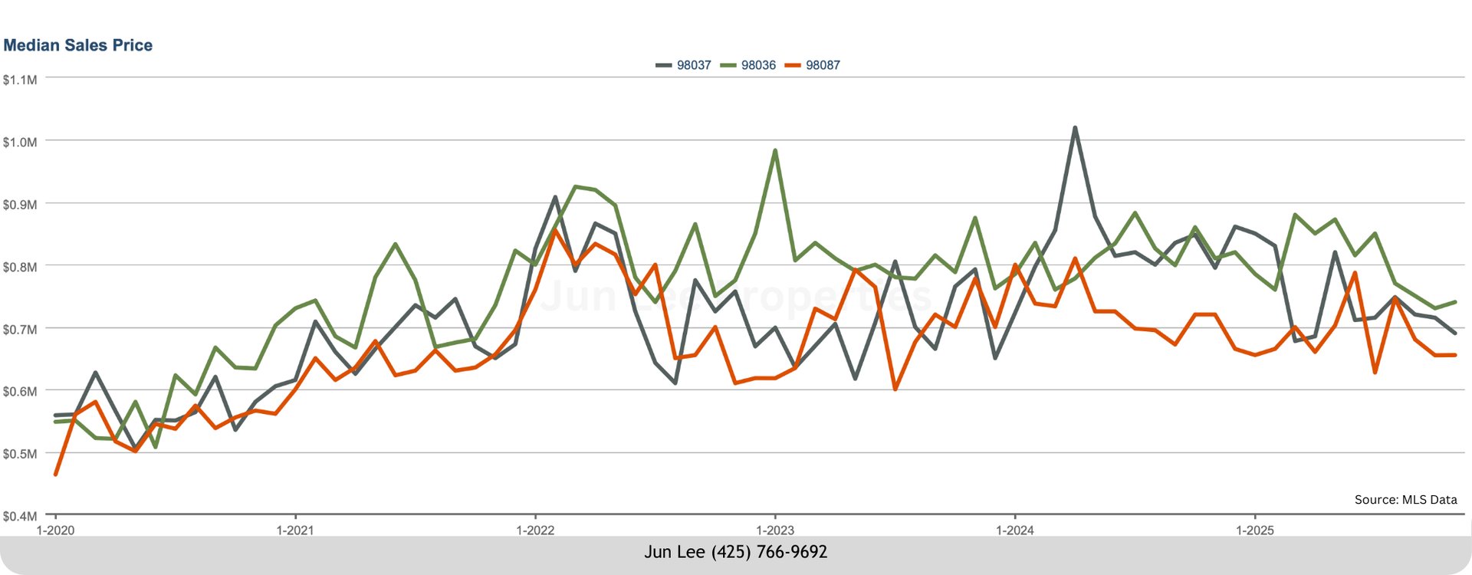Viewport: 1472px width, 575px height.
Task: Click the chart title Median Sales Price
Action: coord(77,45)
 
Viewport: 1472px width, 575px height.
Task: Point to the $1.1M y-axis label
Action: coord(20,80)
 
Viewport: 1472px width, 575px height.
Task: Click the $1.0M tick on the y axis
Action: coord(20,143)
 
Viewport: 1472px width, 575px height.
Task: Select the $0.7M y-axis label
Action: coord(20,330)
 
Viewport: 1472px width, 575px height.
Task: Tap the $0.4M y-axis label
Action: coord(20,516)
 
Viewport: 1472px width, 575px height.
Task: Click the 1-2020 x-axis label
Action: coord(55,531)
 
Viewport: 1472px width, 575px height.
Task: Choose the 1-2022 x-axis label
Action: coord(535,531)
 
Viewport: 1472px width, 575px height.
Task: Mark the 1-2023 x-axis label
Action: coord(775,531)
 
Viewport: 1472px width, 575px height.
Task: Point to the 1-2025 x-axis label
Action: coord(1255,531)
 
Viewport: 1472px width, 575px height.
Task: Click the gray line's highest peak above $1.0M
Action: coord(1075,128)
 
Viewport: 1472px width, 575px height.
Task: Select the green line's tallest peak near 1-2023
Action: coord(775,150)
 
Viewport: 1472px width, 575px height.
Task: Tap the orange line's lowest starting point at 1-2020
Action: coord(55,475)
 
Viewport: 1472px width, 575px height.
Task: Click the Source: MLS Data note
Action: coord(1405,500)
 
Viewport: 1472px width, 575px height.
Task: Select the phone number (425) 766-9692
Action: coord(769,552)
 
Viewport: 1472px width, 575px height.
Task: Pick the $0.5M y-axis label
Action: coord(20,454)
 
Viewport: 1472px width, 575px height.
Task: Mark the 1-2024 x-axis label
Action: coord(1015,531)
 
